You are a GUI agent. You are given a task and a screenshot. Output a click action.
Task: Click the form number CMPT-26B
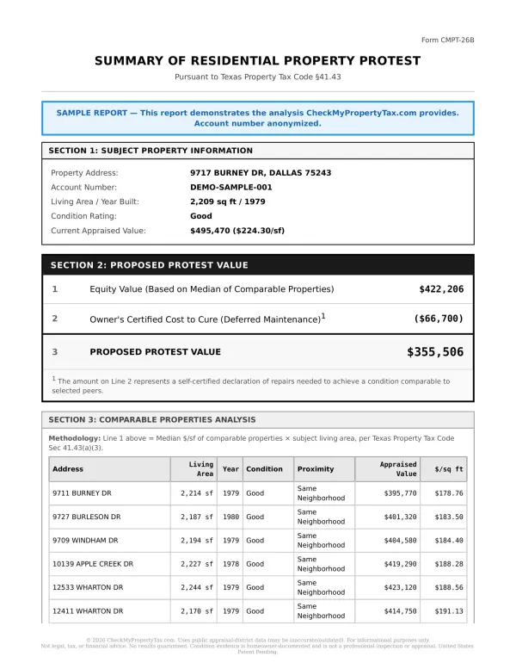pos(447,40)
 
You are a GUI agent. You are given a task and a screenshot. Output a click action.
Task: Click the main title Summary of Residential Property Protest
pos(258,61)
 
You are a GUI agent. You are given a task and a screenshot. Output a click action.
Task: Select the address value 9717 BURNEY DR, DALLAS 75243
pos(261,173)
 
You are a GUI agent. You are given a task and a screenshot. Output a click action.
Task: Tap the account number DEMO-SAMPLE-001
pos(231,187)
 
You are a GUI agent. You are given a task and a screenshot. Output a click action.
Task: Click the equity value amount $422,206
pos(440,289)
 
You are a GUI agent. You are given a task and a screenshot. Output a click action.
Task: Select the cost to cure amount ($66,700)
pos(439,319)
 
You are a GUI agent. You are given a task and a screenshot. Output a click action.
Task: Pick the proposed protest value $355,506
pos(434,352)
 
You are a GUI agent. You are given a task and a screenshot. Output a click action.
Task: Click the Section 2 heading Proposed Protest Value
pos(149,265)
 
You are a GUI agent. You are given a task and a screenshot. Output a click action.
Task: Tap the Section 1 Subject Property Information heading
pos(150,151)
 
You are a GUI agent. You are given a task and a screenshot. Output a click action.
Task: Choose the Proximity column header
pos(316,469)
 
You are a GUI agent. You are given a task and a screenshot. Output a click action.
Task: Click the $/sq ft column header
pos(448,469)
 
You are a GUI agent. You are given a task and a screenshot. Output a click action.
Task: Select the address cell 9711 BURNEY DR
pos(83,493)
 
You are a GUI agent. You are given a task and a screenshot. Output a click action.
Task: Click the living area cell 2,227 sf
pos(197,564)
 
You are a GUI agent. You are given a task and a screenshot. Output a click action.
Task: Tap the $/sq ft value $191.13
pos(448,611)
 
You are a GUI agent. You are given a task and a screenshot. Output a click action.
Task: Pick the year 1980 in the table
pos(230,517)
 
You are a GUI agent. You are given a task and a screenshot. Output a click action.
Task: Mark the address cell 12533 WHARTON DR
pos(88,587)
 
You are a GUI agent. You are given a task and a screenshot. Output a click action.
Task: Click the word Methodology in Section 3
pos(75,438)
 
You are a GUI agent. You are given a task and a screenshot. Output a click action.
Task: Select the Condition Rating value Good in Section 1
pos(201,216)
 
